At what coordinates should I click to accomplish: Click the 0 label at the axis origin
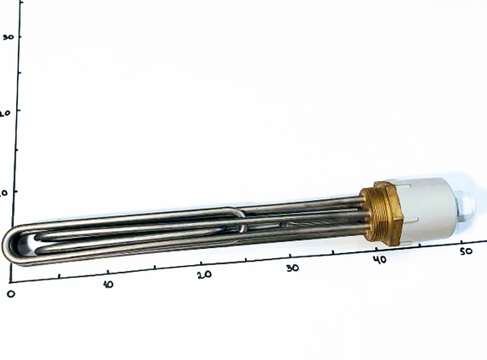(10, 292)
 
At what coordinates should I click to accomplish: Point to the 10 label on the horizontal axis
(108, 284)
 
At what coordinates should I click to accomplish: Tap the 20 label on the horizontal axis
(203, 275)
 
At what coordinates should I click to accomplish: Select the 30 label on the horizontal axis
(292, 268)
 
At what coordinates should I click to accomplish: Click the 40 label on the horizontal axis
(379, 259)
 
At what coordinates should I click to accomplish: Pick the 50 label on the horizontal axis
(466, 251)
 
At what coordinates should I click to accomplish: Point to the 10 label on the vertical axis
(4, 193)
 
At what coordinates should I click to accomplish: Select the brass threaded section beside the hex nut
(370, 219)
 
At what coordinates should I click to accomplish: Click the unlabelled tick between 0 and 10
(58, 277)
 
